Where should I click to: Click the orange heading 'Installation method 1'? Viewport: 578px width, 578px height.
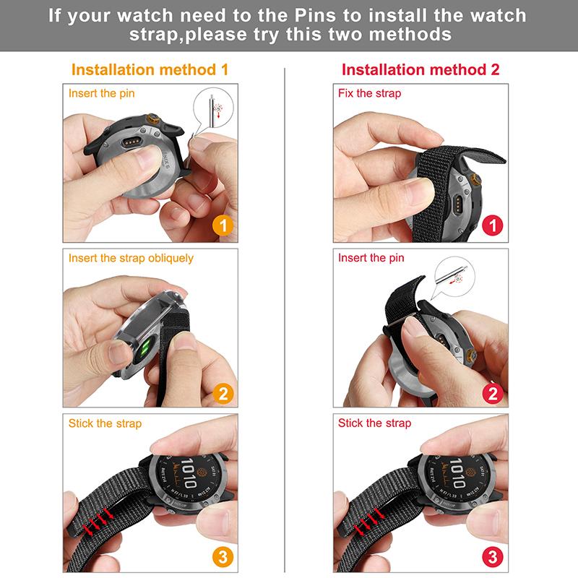point(150,70)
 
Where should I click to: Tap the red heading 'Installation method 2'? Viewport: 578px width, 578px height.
point(420,70)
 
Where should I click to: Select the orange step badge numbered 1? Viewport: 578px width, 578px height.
point(223,226)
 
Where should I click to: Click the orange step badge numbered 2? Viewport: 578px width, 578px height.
point(223,393)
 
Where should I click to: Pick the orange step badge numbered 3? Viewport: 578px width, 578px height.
point(223,557)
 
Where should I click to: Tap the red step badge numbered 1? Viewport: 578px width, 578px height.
point(493,226)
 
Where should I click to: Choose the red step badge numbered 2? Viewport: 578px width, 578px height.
point(493,393)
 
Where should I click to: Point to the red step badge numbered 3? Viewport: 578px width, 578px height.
point(493,557)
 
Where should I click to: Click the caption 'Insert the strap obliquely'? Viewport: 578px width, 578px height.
point(131,258)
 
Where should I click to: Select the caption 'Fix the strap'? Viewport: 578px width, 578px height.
point(369,93)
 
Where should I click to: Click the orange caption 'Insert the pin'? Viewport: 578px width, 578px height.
point(101,93)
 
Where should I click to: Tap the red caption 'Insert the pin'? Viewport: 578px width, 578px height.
point(371,258)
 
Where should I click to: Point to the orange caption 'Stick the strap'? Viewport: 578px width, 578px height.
point(105,423)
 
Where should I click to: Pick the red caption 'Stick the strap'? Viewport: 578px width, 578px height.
point(374,423)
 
